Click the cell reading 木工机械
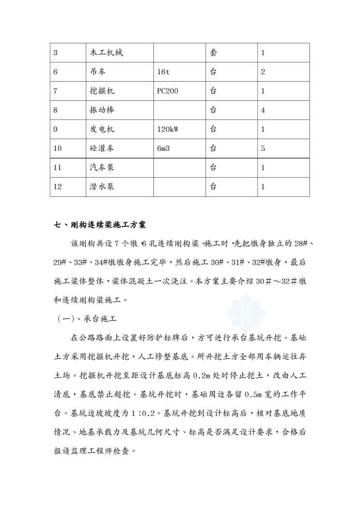106,53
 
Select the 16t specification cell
164,72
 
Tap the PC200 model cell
168,91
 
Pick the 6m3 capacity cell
164,149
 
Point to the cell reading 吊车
98,72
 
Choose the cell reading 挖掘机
102,91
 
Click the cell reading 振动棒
102,110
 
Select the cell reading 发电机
102,129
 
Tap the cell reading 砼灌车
102,149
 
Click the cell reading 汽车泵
102,167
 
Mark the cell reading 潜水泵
102,186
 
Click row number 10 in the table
58,149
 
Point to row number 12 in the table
58,186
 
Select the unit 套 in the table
213,53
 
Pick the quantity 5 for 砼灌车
263,149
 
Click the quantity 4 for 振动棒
263,110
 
